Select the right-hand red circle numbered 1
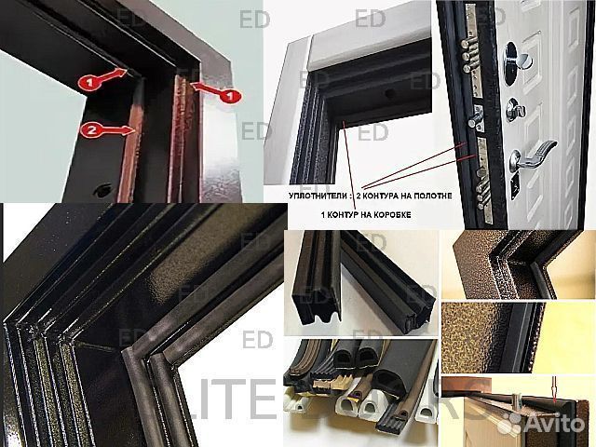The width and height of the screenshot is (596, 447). pyautogui.click(x=228, y=96)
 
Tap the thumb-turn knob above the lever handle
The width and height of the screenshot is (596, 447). pyautogui.click(x=515, y=109)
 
